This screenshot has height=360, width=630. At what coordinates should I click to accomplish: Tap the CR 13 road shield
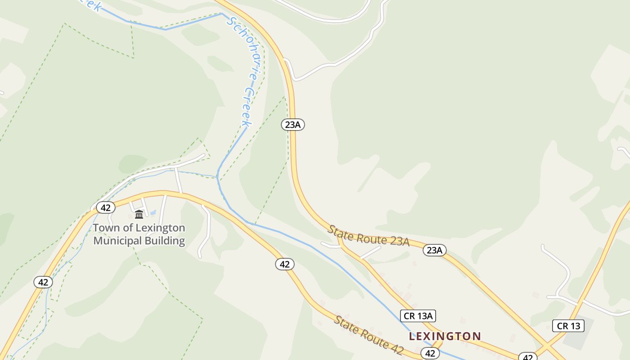coord(568,326)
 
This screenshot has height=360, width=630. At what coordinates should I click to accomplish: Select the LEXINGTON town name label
coord(445,336)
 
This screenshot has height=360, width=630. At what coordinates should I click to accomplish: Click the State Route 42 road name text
coord(369,335)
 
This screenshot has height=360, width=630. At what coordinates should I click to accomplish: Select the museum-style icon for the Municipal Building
coord(139,214)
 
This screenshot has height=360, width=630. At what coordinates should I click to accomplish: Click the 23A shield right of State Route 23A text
coord(434,250)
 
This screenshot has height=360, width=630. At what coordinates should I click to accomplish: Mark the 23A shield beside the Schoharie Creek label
coord(293,125)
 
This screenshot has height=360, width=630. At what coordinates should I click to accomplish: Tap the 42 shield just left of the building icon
coord(106,207)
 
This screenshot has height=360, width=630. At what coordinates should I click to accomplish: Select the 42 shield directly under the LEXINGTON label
coord(430,353)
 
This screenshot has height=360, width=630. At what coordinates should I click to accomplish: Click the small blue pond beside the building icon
coord(152,212)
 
